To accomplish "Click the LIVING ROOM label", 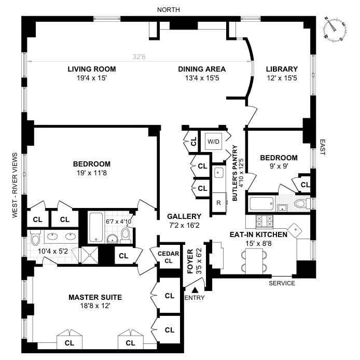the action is [x=91, y=69].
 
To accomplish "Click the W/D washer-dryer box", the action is [x=213, y=141].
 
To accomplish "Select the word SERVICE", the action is [x=282, y=283].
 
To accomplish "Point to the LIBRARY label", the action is [x=282, y=69].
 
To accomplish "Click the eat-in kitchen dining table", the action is [x=254, y=260].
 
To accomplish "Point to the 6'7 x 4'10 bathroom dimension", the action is [x=119, y=221].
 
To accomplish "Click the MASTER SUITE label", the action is [x=95, y=297].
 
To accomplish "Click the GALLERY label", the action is [x=184, y=216].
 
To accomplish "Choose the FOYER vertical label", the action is [x=190, y=263].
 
